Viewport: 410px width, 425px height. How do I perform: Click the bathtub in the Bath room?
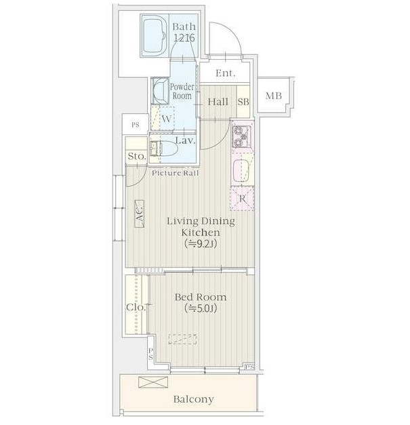(154, 35)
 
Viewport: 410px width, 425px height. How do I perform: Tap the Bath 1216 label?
(184, 33)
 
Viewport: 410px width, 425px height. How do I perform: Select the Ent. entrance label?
(226, 73)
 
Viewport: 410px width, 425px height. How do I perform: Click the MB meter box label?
(274, 96)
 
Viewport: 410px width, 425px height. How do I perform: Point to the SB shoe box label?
(243, 102)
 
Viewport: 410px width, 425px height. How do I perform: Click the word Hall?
(218, 102)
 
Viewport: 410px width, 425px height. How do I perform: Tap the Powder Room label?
(182, 92)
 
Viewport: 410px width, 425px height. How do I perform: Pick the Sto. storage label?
(137, 156)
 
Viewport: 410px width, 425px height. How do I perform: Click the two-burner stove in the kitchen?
(241, 136)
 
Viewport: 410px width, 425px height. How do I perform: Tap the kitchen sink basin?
(241, 170)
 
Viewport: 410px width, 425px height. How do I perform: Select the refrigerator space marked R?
(242, 199)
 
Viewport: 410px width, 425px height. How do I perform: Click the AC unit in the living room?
(139, 214)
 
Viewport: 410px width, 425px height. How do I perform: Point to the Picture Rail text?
(176, 173)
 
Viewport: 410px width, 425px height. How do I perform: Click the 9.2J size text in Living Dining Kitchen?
(201, 244)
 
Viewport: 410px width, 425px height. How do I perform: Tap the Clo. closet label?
(136, 307)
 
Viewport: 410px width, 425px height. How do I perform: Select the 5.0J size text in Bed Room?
(201, 308)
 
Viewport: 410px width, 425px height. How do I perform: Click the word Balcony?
(194, 399)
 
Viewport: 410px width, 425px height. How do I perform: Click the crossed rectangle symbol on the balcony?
(153, 382)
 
